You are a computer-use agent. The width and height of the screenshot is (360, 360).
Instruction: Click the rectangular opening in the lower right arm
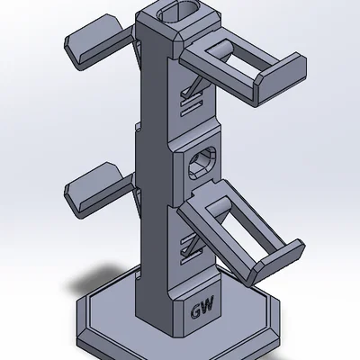pos(253,232)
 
